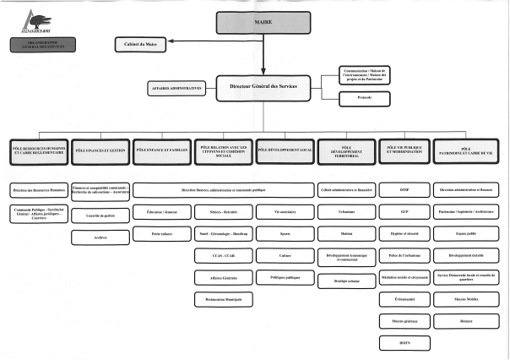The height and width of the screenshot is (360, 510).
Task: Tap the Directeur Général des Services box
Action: (263, 86)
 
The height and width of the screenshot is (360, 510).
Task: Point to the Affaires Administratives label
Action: (176, 89)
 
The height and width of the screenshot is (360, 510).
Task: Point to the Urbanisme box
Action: (346, 210)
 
